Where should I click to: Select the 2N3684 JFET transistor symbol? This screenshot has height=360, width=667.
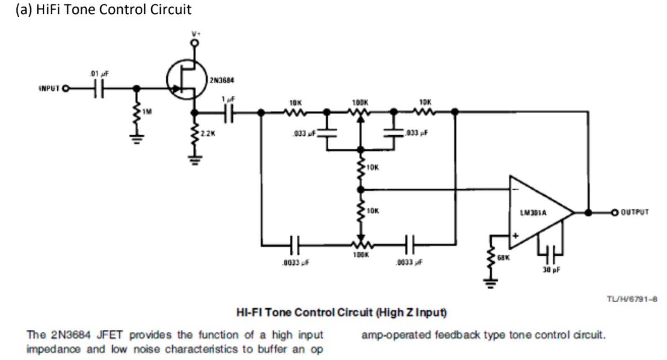pos(186,80)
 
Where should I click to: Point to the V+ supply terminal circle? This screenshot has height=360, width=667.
pos(194,43)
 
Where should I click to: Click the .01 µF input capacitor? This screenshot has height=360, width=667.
pos(99,88)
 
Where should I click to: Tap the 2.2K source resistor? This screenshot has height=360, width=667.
pos(194,134)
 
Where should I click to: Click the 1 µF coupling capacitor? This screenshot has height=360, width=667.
pos(229,112)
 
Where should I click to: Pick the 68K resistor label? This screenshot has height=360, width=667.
pos(503,258)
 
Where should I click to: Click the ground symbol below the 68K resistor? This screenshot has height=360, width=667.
pos(491,284)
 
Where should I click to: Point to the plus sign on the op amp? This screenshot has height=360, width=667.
pos(516,236)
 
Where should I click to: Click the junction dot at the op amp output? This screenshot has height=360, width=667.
pos(588,213)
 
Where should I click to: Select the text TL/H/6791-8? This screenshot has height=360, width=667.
pos(631,299)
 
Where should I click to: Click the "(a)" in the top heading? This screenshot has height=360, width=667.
pos(23,9)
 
